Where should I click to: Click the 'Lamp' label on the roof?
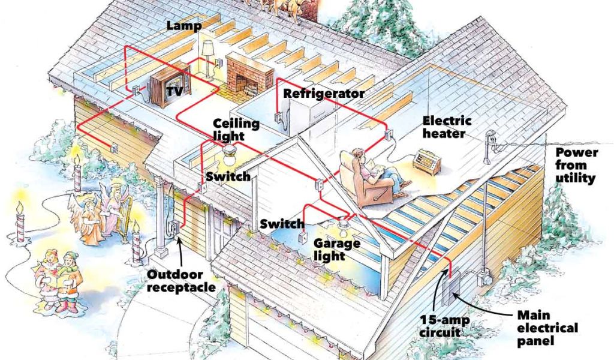(x=185, y=26)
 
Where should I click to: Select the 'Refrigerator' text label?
(x=324, y=94)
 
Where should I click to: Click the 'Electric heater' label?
(x=444, y=127)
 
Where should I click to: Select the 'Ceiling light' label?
(x=236, y=130)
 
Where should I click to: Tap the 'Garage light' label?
(x=336, y=250)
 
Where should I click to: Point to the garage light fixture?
(x=344, y=227)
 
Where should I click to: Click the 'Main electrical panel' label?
(x=547, y=328)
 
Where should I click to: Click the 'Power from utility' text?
(x=575, y=164)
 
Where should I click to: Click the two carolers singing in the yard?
(x=58, y=277)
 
